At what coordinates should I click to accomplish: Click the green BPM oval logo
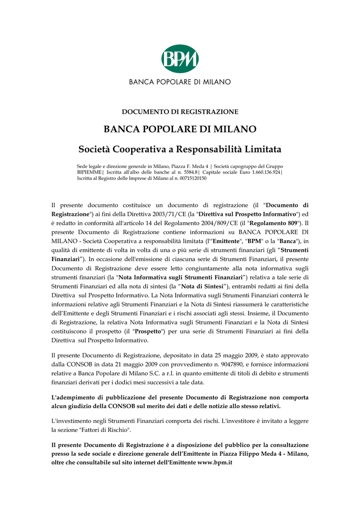[x=180, y=59]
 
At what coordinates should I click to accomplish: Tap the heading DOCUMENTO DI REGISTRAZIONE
[x=180, y=112]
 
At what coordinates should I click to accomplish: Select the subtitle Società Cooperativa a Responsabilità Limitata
[x=180, y=149]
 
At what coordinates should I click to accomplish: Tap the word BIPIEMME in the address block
[x=89, y=172]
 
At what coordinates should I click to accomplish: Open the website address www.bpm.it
[x=215, y=462]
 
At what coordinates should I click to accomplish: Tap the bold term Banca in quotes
[x=286, y=241]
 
